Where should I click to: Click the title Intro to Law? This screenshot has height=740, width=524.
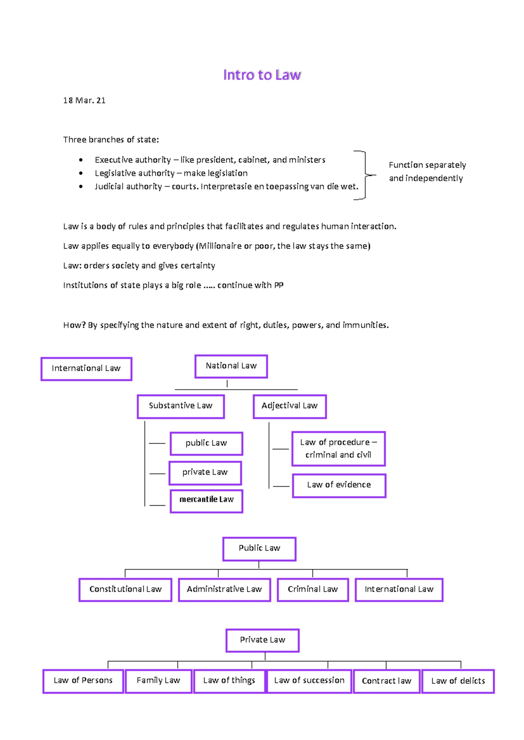click(262, 75)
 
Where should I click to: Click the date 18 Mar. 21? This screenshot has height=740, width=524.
click(84, 100)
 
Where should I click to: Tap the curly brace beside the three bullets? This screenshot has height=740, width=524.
click(365, 175)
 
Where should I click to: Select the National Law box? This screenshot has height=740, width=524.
click(231, 366)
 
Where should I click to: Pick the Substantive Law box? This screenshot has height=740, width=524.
click(181, 406)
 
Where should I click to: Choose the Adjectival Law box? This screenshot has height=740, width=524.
click(290, 406)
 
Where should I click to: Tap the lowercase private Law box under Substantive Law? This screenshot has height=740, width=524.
click(205, 473)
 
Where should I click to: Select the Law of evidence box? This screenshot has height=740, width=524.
click(339, 485)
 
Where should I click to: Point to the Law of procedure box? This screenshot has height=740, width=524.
click(338, 449)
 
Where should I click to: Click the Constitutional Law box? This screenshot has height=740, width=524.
click(125, 589)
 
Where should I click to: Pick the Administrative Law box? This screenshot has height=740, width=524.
click(224, 589)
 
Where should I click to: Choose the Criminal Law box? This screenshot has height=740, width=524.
click(313, 589)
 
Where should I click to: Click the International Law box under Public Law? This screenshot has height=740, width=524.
click(399, 589)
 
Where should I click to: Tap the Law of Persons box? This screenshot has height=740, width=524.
click(83, 681)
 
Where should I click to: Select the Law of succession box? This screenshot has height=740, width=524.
click(309, 681)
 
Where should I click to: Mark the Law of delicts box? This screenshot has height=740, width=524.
click(458, 681)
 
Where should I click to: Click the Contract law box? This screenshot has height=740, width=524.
click(386, 681)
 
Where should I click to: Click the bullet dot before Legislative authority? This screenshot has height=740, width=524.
click(81, 173)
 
